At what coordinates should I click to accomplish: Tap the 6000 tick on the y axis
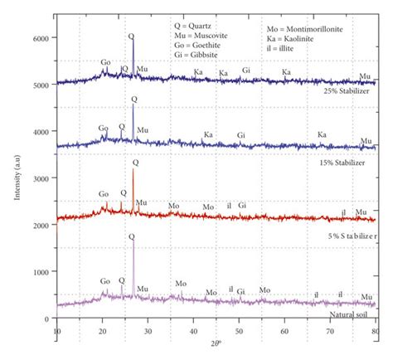[x=40, y=39]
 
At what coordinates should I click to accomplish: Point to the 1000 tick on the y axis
[x=40, y=271]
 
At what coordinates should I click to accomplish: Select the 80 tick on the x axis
[x=376, y=331]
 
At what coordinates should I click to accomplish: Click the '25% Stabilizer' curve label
[x=348, y=93]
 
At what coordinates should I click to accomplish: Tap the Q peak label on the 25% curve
[x=131, y=36]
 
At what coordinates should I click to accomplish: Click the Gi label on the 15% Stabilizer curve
[x=241, y=134]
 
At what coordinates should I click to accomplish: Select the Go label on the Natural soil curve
[x=105, y=281]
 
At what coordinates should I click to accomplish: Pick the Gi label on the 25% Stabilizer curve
[x=246, y=71]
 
